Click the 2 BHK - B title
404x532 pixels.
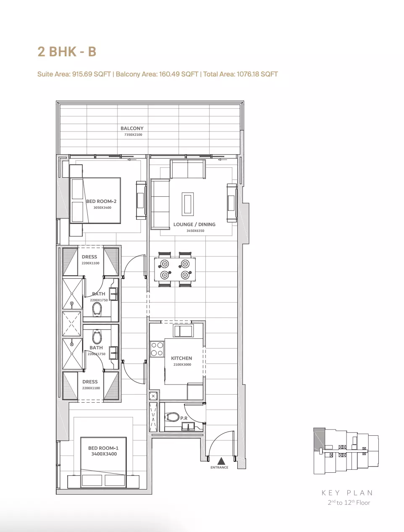[x=67, y=52]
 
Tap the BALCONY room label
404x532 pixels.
[x=132, y=128]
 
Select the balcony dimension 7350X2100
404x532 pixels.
[x=133, y=134]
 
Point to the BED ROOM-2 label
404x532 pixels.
[x=101, y=201]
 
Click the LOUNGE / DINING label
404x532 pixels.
[x=194, y=224]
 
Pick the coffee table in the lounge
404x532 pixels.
[x=188, y=204]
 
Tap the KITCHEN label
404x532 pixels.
[x=181, y=358]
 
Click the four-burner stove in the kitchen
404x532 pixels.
[x=157, y=349]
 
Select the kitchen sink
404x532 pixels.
[x=184, y=331]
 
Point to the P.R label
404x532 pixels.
[x=184, y=418]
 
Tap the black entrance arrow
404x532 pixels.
[x=221, y=461]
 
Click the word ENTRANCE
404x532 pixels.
[x=219, y=467]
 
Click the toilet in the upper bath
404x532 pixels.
[x=97, y=309]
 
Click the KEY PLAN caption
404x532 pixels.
[x=347, y=493]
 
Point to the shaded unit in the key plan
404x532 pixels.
[x=319, y=439]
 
